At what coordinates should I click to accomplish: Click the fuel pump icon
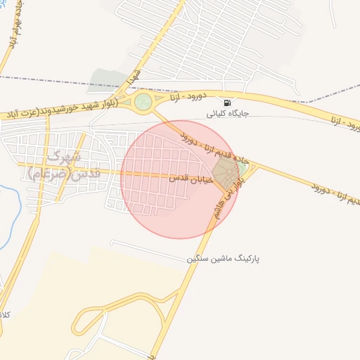coord(226,103)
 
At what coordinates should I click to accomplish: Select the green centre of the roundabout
coord(143,103)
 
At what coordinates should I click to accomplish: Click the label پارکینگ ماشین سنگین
coord(223,259)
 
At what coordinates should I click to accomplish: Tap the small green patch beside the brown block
coord(243,168)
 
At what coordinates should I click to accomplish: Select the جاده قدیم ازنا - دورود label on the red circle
coord(209,149)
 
